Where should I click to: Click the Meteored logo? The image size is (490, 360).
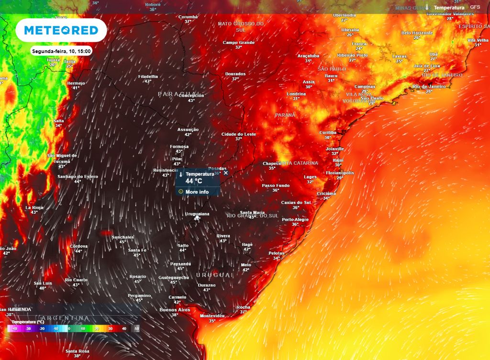pyautogui.click(x=61, y=31)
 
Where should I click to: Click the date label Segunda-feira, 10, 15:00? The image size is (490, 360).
pyautogui.click(x=61, y=51)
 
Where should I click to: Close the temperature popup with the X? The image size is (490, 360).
pyautogui.click(x=226, y=173)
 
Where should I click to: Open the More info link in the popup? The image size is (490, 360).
pyautogui.click(x=197, y=192)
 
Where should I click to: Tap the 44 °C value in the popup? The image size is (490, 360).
pyautogui.click(x=194, y=182)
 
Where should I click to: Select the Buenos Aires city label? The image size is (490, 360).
pyautogui.click(x=175, y=310)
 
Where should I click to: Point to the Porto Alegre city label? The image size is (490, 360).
pyautogui.click(x=295, y=219)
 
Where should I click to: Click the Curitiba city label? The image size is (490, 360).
pyautogui.click(x=328, y=132)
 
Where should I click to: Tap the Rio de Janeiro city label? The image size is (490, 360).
pyautogui.click(x=429, y=87)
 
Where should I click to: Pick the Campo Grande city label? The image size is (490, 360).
pyautogui.click(x=238, y=42)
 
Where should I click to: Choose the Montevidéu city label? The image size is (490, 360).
pyautogui.click(x=212, y=316)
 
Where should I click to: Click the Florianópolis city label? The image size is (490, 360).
pyautogui.click(x=340, y=173)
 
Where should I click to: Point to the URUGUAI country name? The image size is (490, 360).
pyautogui.click(x=214, y=275)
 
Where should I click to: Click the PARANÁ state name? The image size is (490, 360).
pyautogui.click(x=285, y=115)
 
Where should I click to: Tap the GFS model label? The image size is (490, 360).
pyautogui.click(x=475, y=8)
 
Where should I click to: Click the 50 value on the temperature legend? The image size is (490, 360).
pyautogui.click(x=137, y=328)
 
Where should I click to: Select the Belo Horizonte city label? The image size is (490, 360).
pyautogui.click(x=417, y=33)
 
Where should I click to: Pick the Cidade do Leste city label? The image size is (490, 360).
pyautogui.click(x=239, y=134)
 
